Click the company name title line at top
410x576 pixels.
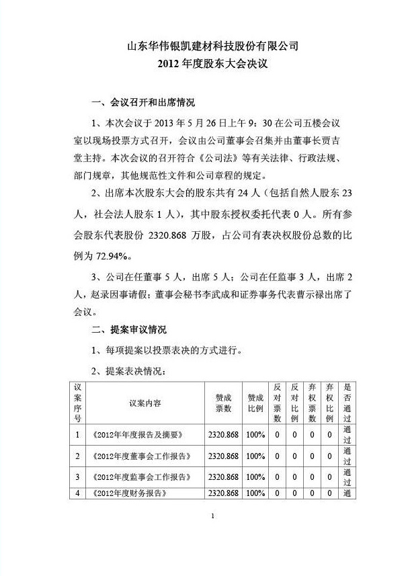212,46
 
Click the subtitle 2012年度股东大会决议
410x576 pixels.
212,65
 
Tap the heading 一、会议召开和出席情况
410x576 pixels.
143,103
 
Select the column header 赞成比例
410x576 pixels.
256,403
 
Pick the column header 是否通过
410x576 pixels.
347,403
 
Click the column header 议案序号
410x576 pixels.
78,403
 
